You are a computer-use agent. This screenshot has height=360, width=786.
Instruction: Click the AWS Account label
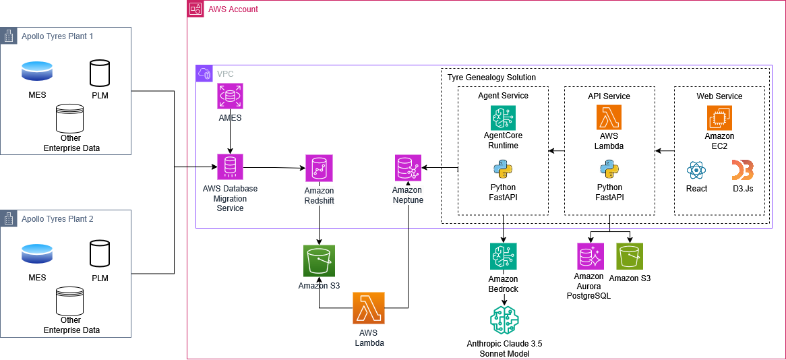(233, 9)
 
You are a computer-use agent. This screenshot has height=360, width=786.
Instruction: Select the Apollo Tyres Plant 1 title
(57, 36)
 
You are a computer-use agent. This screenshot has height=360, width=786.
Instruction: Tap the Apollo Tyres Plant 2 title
(57, 218)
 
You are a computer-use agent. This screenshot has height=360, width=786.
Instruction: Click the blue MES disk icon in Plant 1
(37, 69)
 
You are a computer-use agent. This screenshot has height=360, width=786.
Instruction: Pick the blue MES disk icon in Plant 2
(37, 253)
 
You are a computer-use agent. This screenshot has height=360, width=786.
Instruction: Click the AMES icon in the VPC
(230, 96)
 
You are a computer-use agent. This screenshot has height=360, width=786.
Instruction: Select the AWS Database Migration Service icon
(230, 167)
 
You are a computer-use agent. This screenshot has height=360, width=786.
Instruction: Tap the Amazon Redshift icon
(319, 168)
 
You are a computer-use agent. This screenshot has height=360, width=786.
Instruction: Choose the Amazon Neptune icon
(408, 168)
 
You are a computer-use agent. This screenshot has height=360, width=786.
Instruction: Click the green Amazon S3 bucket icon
(319, 261)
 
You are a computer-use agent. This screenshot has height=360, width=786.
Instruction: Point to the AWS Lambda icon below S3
(368, 308)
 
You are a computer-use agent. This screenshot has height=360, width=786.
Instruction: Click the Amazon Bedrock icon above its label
(504, 256)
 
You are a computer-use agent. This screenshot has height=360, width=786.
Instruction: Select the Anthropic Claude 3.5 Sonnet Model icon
(505, 320)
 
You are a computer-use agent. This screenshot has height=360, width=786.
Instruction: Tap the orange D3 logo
(742, 170)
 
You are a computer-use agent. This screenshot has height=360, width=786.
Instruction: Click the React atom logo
(696, 170)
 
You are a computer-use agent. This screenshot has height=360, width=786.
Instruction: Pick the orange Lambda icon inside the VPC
(609, 117)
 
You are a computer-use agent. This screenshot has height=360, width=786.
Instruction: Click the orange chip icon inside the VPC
(719, 117)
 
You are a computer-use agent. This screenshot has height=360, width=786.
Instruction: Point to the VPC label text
(225, 73)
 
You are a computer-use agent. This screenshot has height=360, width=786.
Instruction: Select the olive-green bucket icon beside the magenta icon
(630, 256)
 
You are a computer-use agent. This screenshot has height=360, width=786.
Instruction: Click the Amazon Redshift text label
(319, 196)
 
